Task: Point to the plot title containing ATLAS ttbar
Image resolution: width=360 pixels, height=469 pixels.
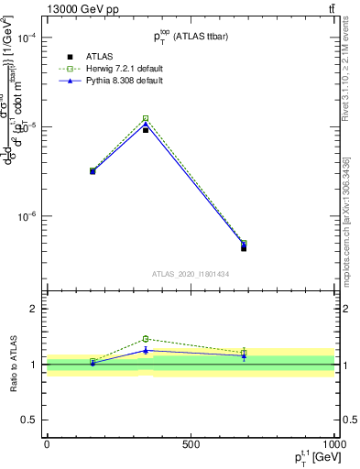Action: coord(192,35)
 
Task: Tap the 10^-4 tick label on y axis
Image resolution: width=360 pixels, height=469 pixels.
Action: coord(28,38)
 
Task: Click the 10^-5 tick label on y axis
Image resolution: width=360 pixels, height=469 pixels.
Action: coord(28,126)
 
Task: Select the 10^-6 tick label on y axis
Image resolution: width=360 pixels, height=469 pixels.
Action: coord(28,216)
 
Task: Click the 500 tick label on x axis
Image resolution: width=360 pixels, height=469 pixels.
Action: coord(191,443)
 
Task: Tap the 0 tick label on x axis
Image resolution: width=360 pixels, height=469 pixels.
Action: coord(47,443)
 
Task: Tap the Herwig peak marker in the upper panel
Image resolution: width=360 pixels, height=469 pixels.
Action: coord(146,118)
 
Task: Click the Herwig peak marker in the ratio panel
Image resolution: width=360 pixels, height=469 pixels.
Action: coord(146,339)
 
